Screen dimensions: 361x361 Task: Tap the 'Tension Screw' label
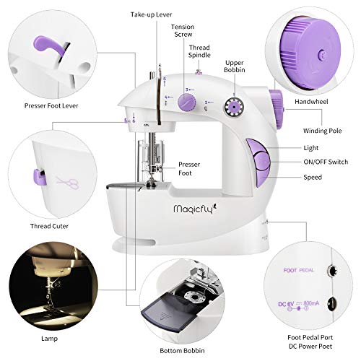point(182,30)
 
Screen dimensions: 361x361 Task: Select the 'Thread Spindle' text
point(199,51)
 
